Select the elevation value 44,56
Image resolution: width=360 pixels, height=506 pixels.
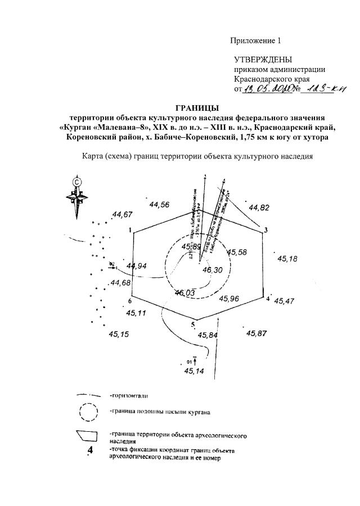click(x=160, y=205)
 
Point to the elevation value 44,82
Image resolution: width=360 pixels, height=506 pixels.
click(x=259, y=207)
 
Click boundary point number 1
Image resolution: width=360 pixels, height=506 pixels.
click(x=130, y=231)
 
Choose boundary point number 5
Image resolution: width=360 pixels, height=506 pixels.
click(x=193, y=325)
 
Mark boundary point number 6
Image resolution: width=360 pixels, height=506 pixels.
click(x=129, y=301)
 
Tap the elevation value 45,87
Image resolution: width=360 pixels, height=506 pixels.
click(x=256, y=333)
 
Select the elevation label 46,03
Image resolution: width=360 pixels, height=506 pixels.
click(x=184, y=292)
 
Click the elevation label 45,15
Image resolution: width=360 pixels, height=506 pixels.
click(x=119, y=335)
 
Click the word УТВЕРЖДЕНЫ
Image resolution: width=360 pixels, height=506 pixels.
click(x=263, y=60)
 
